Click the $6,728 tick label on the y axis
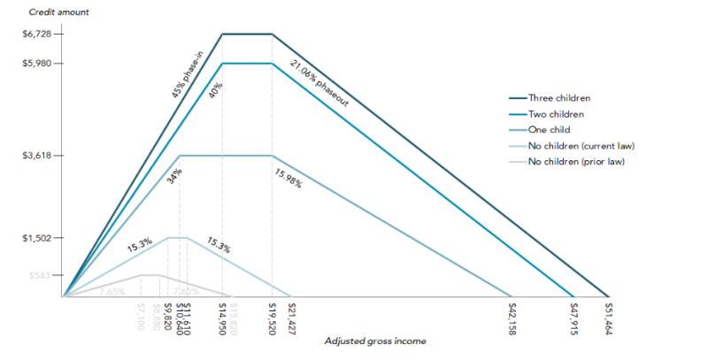(x=39, y=34)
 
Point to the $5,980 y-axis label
(x=39, y=64)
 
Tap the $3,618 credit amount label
(x=39, y=156)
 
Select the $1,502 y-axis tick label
(x=39, y=238)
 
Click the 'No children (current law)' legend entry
(x=581, y=145)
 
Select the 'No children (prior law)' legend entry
(x=579, y=161)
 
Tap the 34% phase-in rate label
(x=173, y=173)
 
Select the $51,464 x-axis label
(x=608, y=318)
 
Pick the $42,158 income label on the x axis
(x=512, y=318)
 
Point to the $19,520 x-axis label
(x=272, y=316)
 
